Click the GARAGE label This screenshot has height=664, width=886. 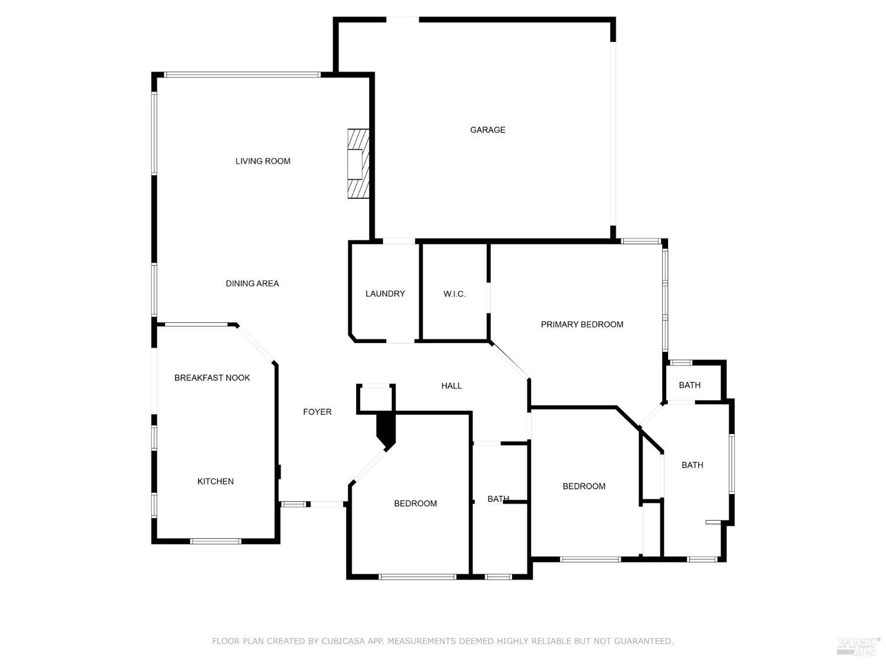click(x=487, y=130)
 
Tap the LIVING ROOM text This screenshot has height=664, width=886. click(x=263, y=161)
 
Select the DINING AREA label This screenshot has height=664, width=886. click(x=252, y=283)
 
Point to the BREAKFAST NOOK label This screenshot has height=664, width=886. click(x=212, y=378)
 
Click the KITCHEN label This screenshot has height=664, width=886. click(x=215, y=482)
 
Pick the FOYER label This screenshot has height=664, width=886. click(x=317, y=412)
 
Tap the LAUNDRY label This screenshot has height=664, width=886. click(x=385, y=294)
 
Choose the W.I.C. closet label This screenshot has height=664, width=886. click(x=454, y=294)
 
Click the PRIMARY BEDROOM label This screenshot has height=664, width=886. click(x=582, y=325)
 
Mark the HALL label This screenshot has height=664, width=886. click(x=451, y=386)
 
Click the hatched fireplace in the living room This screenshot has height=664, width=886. click(x=357, y=163)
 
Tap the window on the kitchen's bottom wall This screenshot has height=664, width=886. click(x=216, y=541)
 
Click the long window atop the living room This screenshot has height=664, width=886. click(x=242, y=75)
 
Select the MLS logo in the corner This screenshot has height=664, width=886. click(x=857, y=646)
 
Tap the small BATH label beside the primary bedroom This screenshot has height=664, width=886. click(x=689, y=385)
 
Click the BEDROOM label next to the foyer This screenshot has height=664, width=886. click(x=415, y=503)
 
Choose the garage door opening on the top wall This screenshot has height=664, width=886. click(x=402, y=20)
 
